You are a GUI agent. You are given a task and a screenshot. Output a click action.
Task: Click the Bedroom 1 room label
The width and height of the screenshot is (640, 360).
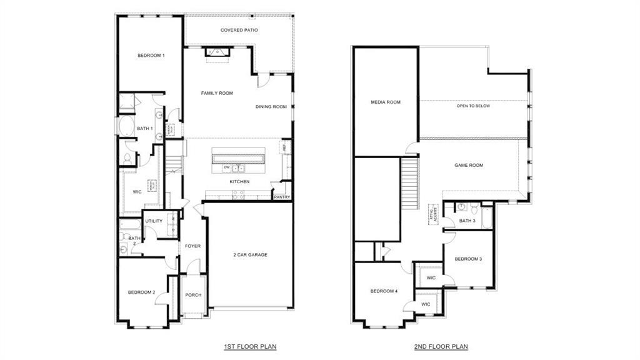tap(151, 56)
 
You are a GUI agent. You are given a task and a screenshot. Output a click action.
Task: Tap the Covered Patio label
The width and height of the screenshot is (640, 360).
tap(239, 30)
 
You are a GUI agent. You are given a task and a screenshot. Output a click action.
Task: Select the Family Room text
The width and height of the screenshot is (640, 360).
tap(217, 93)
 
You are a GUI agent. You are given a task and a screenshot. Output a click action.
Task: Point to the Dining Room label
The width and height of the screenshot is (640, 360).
tap(271, 107)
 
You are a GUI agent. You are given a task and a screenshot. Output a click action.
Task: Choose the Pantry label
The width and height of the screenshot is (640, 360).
tap(281, 197)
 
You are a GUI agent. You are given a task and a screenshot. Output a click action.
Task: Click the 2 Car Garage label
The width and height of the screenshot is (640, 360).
tap(250, 254)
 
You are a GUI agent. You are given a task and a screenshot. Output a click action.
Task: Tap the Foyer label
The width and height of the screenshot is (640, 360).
tap(192, 246)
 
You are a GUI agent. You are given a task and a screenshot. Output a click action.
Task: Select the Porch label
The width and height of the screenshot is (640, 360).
tap(193, 295)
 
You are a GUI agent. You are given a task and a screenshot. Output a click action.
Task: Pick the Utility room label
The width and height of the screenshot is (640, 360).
tap(154, 221)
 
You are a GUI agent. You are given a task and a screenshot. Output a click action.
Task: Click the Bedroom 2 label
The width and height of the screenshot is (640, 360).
tap(141, 292)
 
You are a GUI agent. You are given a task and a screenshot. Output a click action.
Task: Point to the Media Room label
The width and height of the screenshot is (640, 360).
tap(386, 102)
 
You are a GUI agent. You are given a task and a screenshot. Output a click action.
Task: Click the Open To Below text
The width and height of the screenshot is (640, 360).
tap(473, 106)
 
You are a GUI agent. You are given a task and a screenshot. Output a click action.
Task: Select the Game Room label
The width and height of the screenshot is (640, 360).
tap(468, 166)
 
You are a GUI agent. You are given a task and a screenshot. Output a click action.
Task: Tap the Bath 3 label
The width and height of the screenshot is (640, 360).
tap(467, 221)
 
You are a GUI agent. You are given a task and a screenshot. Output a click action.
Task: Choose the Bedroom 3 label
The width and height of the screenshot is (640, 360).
tap(468, 259)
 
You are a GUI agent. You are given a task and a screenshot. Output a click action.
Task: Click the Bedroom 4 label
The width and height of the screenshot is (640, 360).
tap(383, 291)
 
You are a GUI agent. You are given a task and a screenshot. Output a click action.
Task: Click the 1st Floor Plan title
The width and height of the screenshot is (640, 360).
tap(250, 346)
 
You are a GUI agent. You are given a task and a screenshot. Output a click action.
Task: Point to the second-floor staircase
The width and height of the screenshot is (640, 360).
tap(409, 185)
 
